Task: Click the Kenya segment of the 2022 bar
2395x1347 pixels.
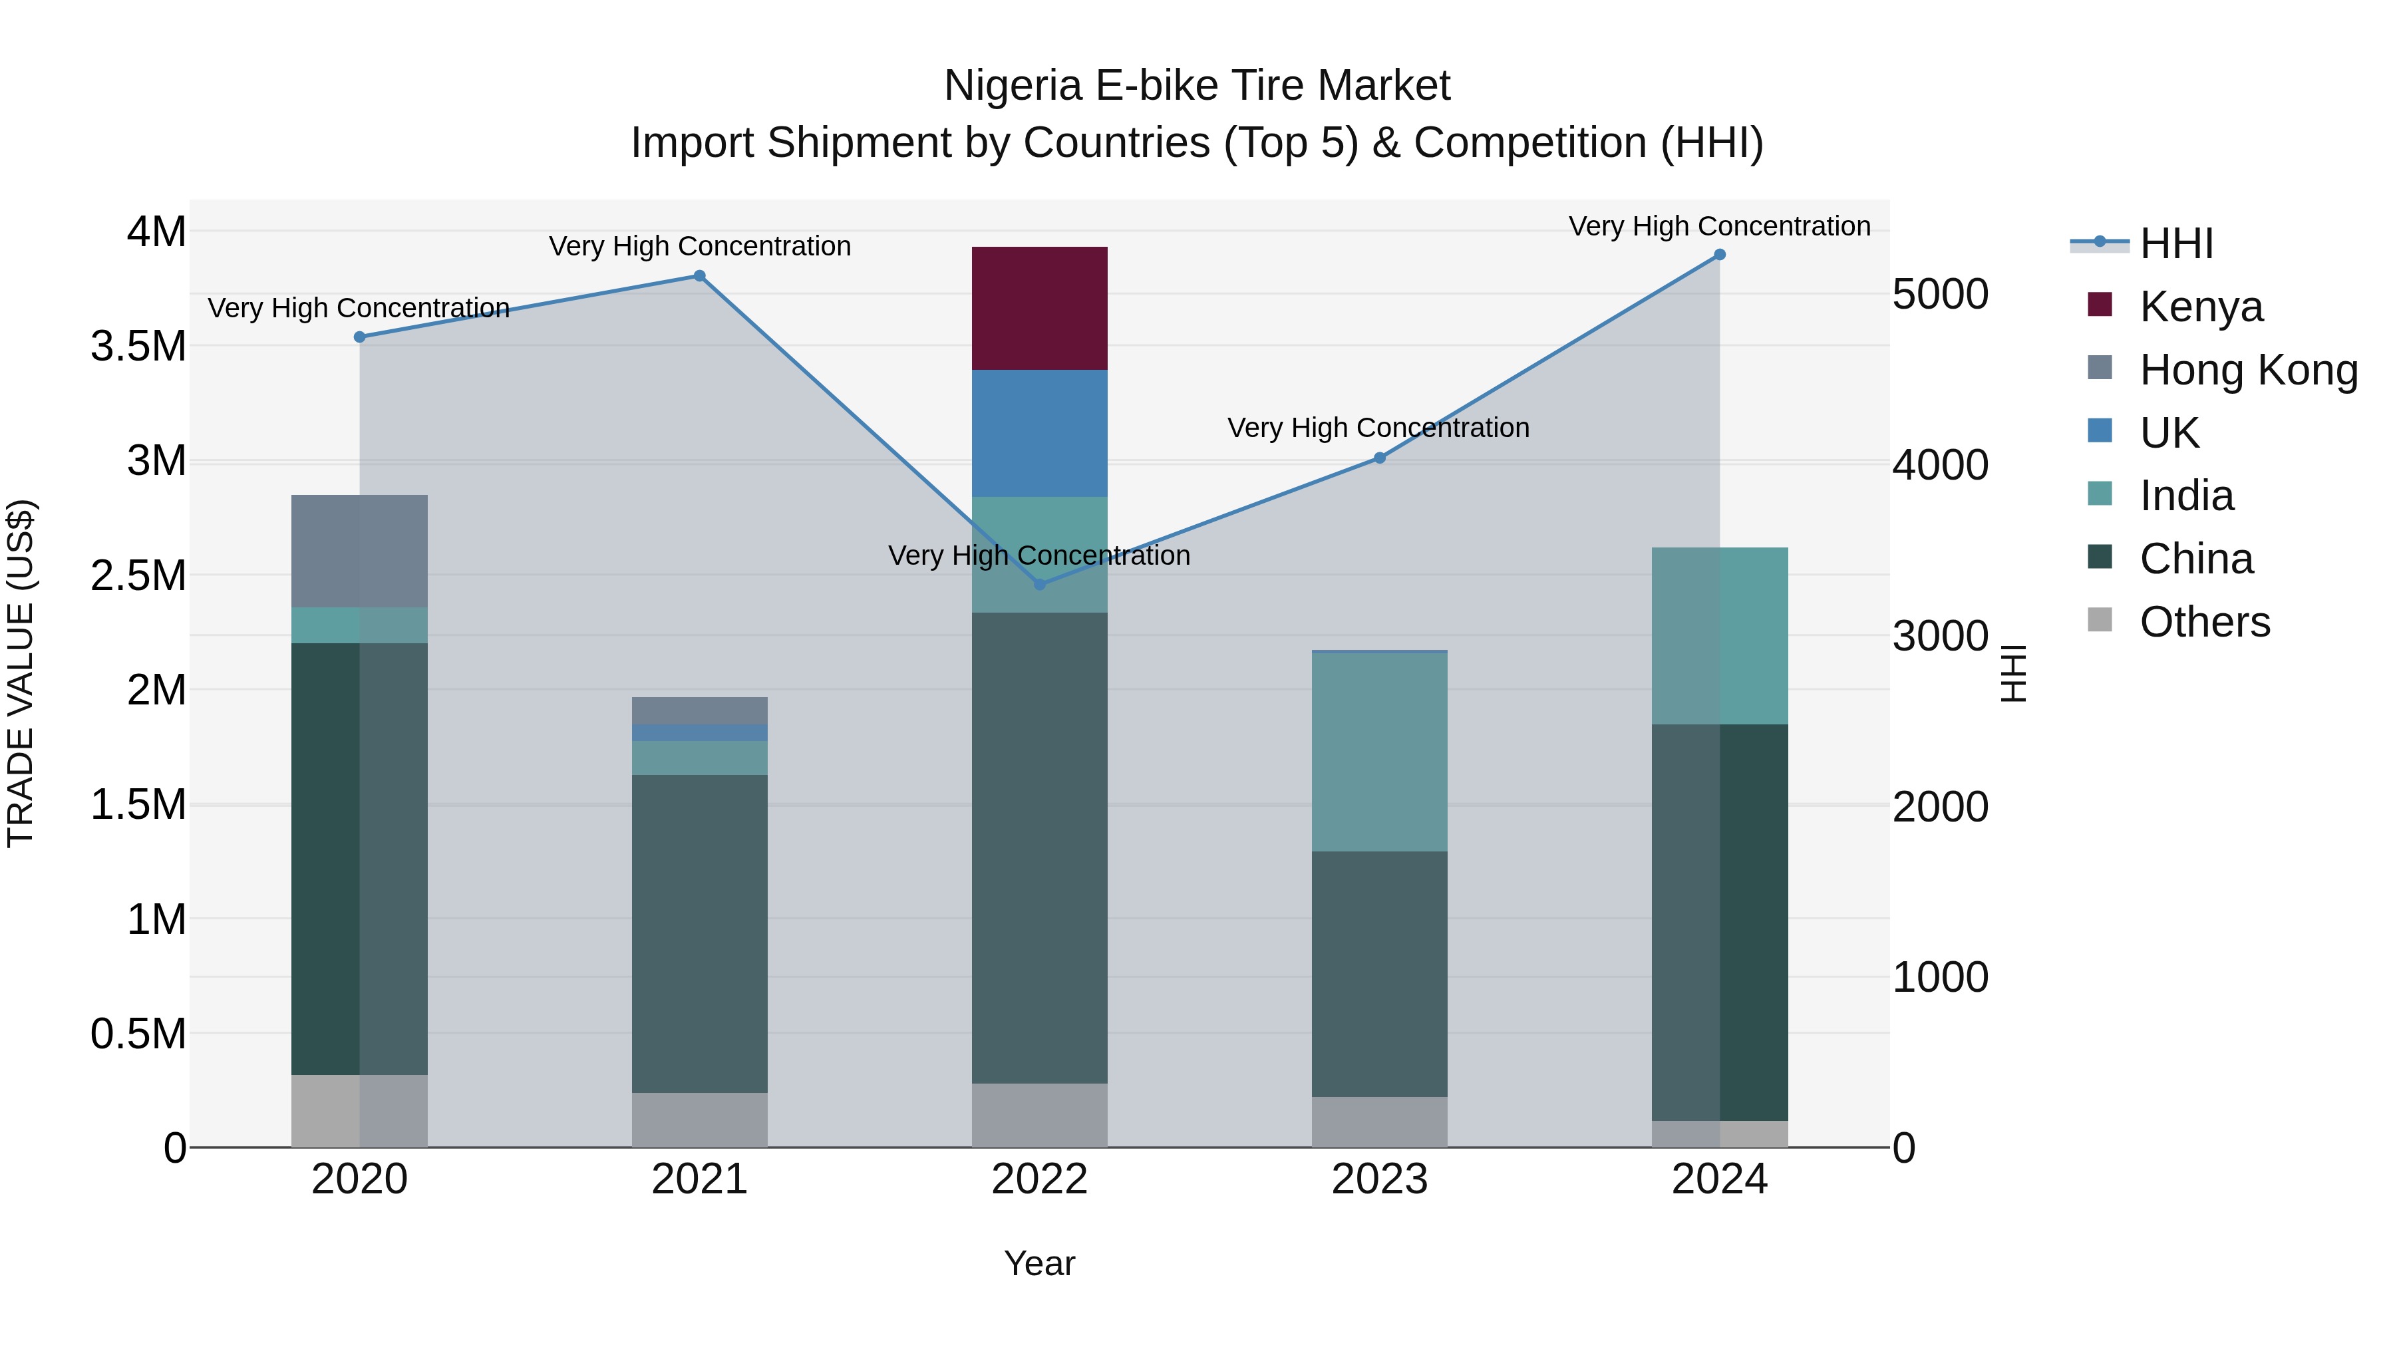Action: click(x=1039, y=308)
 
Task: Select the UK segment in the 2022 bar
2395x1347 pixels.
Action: click(x=1039, y=433)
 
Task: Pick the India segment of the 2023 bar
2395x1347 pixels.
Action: click(x=1380, y=751)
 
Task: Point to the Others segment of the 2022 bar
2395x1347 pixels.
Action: click(x=1039, y=1115)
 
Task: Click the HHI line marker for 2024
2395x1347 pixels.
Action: click(x=1719, y=255)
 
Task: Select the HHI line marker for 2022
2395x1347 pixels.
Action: click(x=1039, y=585)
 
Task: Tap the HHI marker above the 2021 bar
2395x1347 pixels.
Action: click(x=700, y=276)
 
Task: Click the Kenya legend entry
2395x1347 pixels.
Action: click(x=2201, y=307)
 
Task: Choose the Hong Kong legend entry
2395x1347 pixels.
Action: click(x=2248, y=370)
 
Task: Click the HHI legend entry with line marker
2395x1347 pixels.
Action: click(x=2175, y=243)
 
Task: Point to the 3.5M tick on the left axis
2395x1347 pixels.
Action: click(x=138, y=347)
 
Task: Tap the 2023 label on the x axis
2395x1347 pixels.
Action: click(x=1380, y=1179)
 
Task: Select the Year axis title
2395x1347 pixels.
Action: click(x=1039, y=1263)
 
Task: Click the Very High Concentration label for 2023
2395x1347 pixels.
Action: click(x=1378, y=428)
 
